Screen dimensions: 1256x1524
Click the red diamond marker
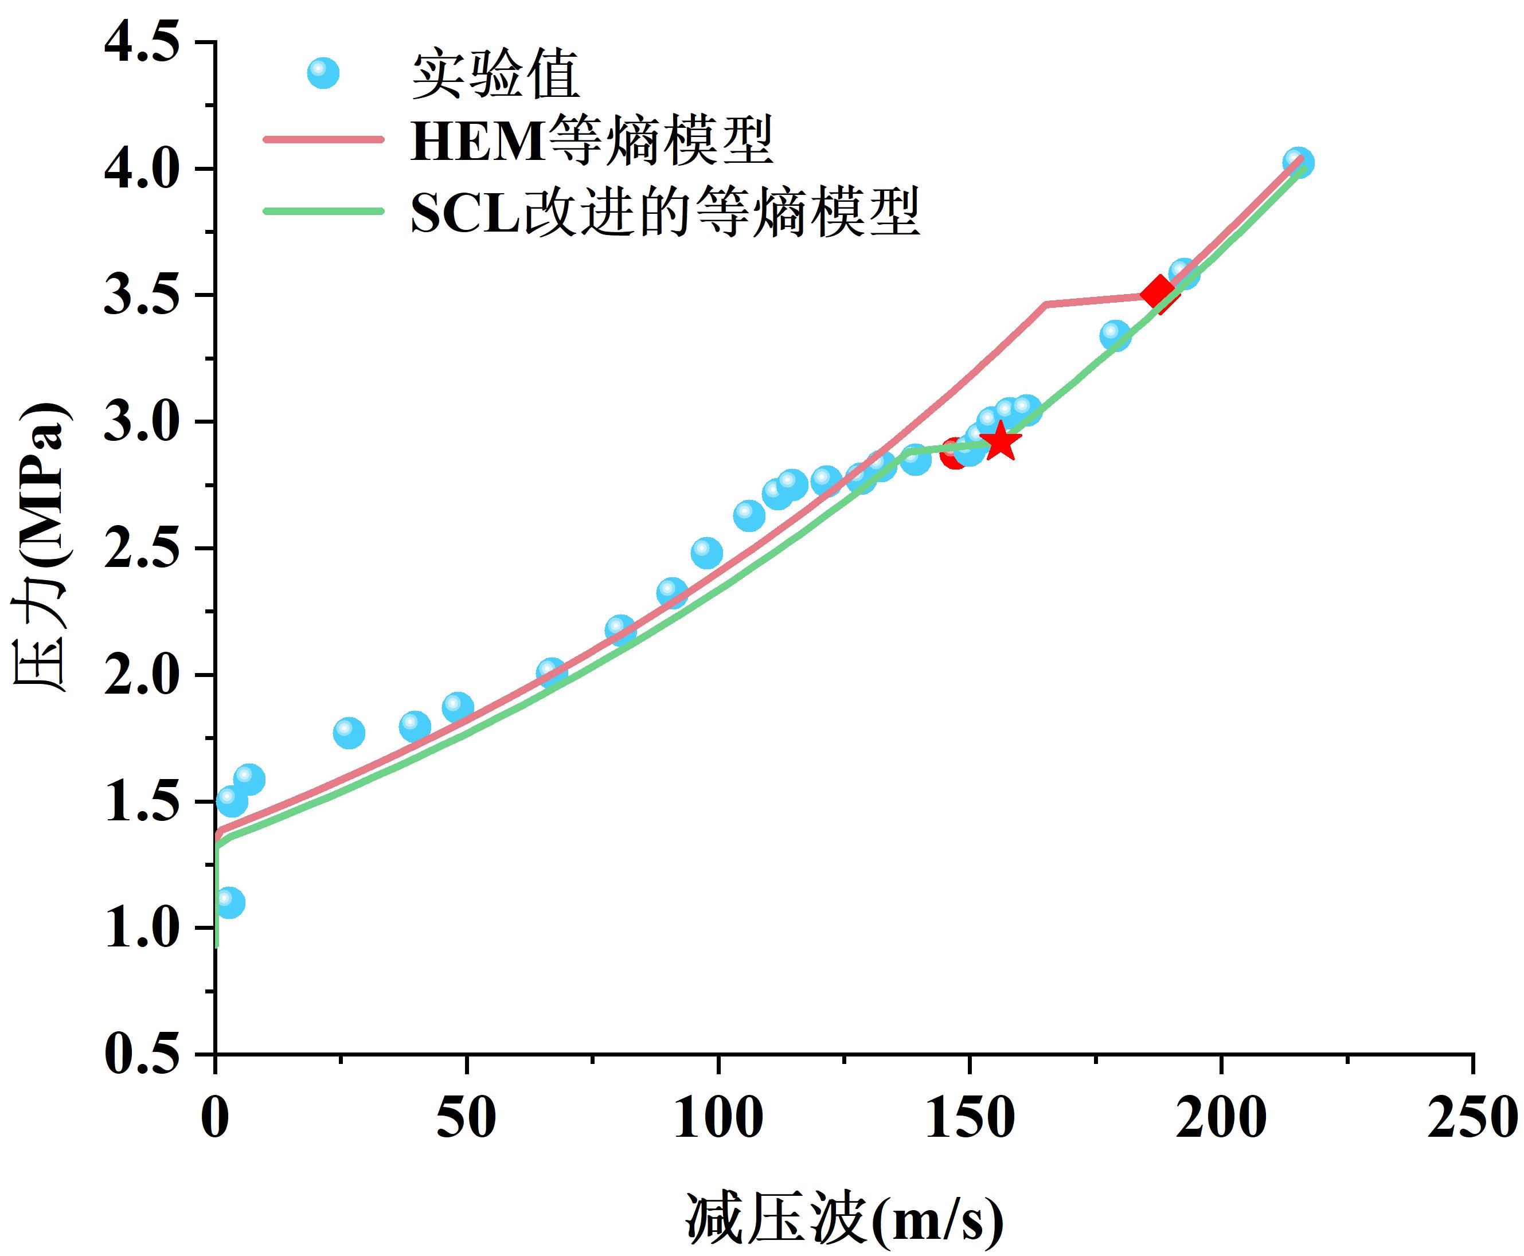click(x=1158, y=292)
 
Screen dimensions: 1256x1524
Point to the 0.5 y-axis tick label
click(x=142, y=1055)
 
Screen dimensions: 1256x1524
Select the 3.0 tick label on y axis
click(x=142, y=422)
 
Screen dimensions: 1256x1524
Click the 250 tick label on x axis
click(x=1472, y=1118)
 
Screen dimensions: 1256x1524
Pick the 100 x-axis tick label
click(x=718, y=1118)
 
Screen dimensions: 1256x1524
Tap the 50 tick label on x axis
click(x=467, y=1118)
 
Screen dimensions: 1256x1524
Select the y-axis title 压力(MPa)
click(x=42, y=547)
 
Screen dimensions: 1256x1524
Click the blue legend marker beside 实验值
click(x=323, y=73)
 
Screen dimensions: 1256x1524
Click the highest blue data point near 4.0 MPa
click(x=1298, y=162)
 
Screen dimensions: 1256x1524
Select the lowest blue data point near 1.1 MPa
click(x=229, y=902)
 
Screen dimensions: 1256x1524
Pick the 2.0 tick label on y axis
click(x=142, y=675)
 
